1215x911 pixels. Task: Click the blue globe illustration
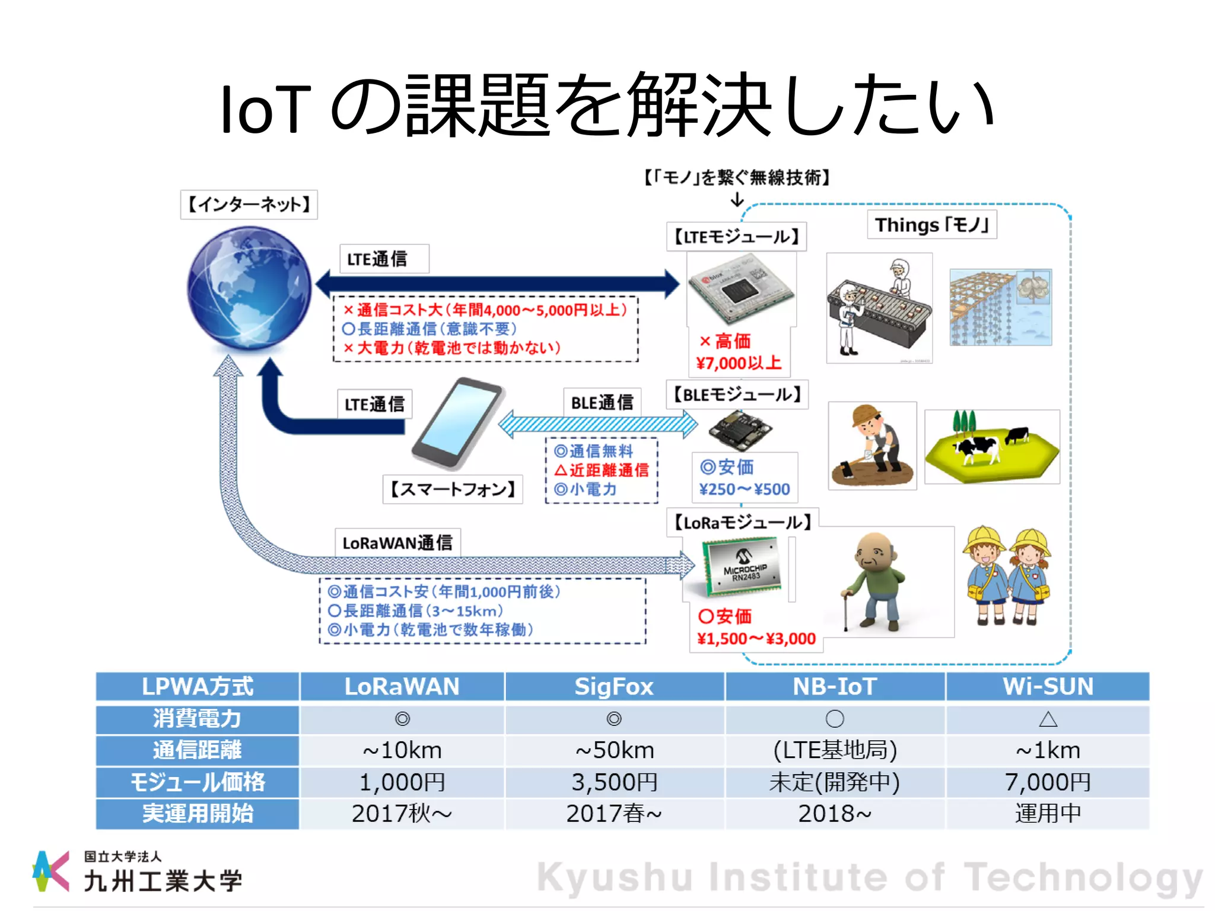249,289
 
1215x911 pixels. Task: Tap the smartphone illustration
458,423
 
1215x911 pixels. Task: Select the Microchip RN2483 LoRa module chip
742,566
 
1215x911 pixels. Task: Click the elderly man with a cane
875,581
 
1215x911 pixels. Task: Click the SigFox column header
614,686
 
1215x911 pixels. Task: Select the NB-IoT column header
835,686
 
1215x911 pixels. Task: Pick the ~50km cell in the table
614,750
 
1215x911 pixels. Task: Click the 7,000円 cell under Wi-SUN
1048,782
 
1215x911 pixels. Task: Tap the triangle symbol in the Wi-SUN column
1048,719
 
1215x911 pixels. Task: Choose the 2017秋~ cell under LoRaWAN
402,813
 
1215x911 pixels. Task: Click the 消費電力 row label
198,718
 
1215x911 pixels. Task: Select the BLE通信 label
602,403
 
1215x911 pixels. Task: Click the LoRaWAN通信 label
397,543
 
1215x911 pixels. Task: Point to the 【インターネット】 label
249,205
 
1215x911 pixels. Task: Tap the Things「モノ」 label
931,225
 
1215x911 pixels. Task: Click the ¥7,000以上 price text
739,362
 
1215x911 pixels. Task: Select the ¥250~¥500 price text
745,489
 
